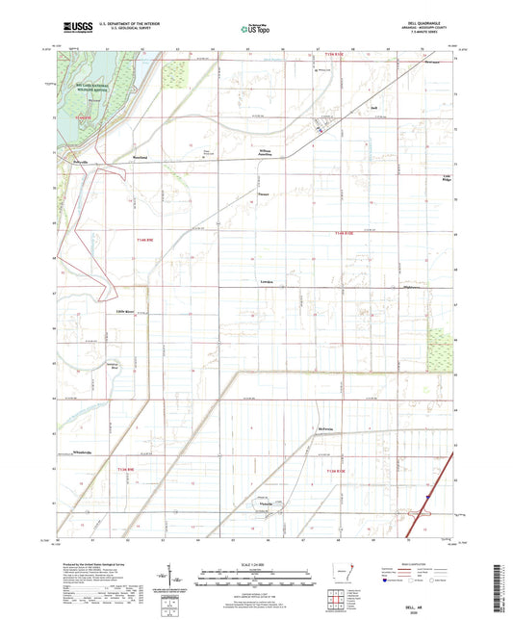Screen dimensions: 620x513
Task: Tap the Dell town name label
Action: (x=372, y=108)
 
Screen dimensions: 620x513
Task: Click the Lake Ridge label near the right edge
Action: (x=446, y=180)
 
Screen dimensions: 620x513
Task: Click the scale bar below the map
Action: (x=256, y=581)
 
